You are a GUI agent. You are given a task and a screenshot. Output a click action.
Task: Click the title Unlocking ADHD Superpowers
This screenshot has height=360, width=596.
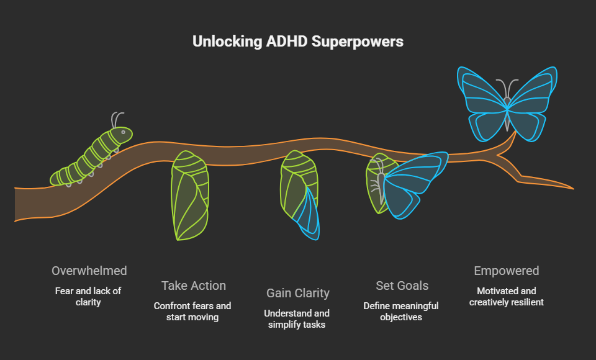coord(297,42)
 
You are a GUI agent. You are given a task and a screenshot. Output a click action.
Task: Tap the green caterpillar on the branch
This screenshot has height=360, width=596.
coord(90,156)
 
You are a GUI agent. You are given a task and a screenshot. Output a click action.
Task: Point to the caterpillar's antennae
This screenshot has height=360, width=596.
coord(116,119)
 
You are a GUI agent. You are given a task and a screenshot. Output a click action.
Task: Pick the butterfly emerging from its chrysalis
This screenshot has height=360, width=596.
coord(407,184)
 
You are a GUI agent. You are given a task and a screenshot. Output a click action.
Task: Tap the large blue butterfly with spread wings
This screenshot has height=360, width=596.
coord(507,103)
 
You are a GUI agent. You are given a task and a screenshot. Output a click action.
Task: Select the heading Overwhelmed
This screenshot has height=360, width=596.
coord(89,271)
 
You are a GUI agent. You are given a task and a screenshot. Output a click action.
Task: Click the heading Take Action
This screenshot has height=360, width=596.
coord(194,286)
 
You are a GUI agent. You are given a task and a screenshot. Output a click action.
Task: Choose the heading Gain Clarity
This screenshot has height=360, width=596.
coord(298,293)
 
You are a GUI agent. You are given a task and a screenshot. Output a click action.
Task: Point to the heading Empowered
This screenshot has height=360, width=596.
coord(507,271)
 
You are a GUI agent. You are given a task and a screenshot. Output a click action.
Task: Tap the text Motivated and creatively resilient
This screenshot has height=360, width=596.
coord(507,296)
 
